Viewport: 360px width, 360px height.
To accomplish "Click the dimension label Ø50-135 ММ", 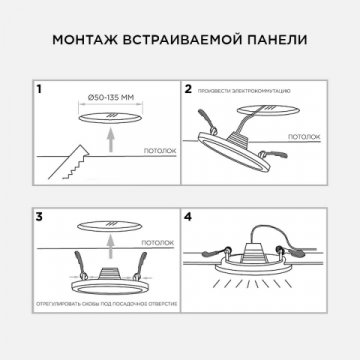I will tap(108, 98).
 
